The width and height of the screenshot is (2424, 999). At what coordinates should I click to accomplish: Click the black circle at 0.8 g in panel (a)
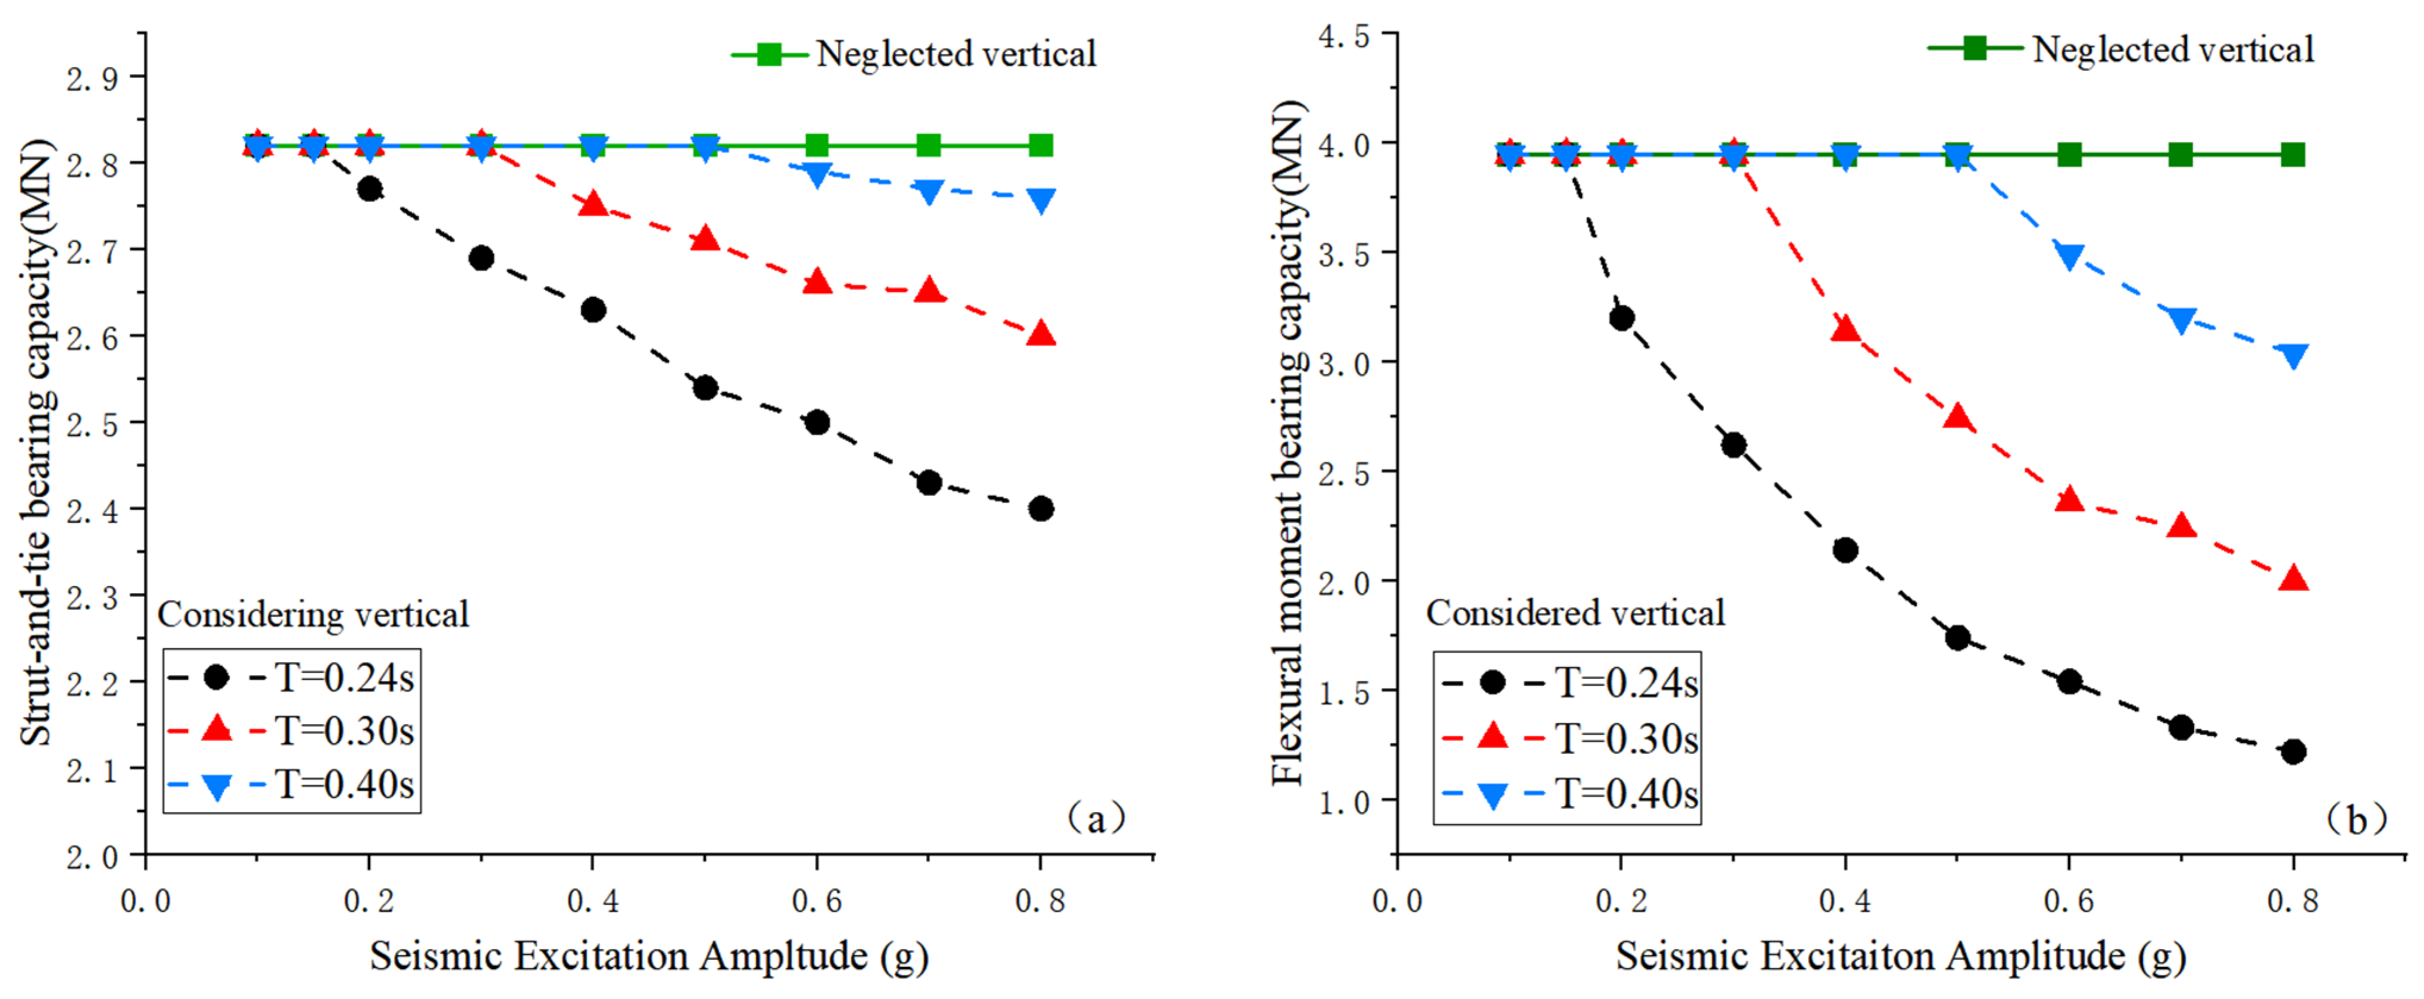[1041, 509]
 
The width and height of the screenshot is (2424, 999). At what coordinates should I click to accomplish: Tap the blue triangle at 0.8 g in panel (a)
[1041, 201]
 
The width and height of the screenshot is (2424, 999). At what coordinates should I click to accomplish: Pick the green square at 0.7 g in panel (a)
[929, 145]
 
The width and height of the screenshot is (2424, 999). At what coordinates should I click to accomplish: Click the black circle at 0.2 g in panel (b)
[1621, 318]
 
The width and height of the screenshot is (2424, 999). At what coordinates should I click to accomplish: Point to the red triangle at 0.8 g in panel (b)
[2293, 578]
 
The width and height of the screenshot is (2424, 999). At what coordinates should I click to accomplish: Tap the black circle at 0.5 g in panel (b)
[1957, 638]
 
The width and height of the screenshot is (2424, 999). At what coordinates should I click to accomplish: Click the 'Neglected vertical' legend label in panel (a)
[956, 54]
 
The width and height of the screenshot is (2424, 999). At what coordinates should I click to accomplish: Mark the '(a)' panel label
[1095, 818]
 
